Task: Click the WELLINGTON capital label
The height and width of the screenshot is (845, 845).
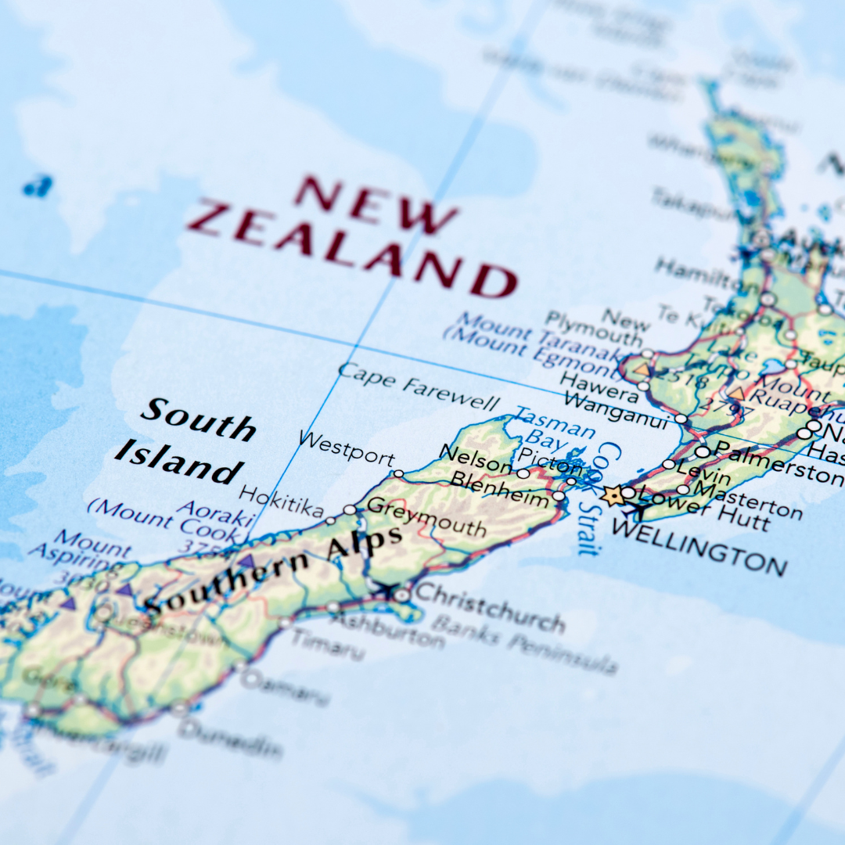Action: (x=698, y=546)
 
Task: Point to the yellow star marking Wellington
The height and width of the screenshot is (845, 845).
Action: (x=613, y=495)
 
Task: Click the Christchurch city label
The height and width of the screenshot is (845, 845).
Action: (x=490, y=607)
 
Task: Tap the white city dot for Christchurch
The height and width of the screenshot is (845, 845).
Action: (x=401, y=595)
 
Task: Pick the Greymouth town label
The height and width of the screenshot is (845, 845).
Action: (x=426, y=516)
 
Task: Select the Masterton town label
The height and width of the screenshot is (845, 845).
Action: (x=748, y=502)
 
